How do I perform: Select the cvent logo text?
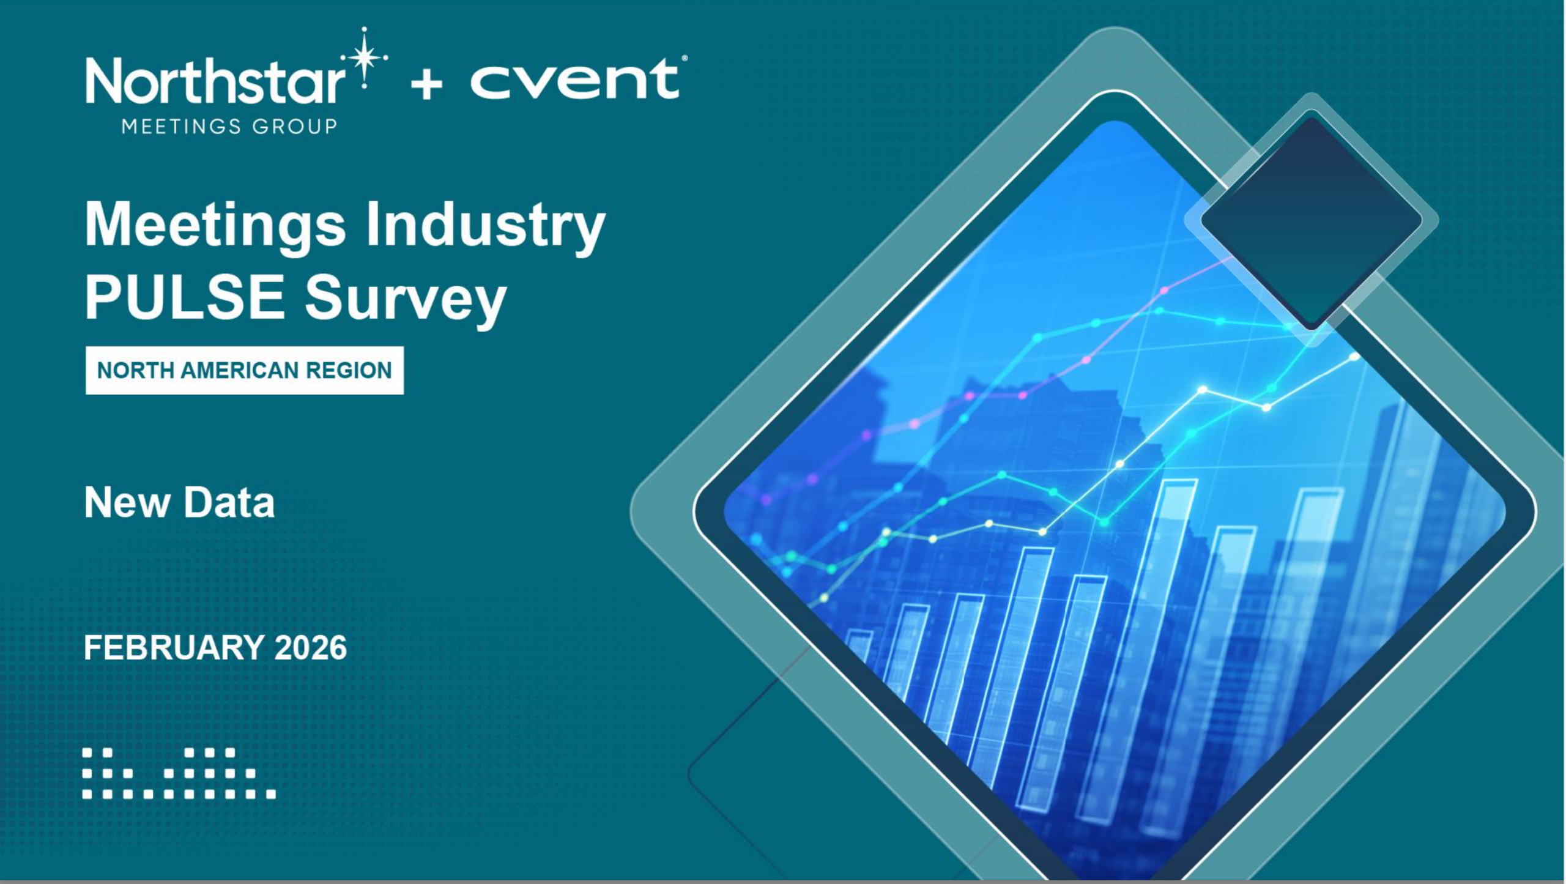click(574, 79)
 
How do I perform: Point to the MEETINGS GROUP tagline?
click(229, 127)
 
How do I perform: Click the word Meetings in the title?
click(215, 226)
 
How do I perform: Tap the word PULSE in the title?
click(184, 297)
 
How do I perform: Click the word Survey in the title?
click(406, 300)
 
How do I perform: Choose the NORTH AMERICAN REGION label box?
click(245, 370)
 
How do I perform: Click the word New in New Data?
click(127, 503)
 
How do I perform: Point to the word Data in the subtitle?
click(229, 503)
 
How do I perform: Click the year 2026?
click(311, 648)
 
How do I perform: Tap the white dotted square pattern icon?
click(179, 773)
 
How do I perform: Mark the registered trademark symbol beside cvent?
click(684, 59)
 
